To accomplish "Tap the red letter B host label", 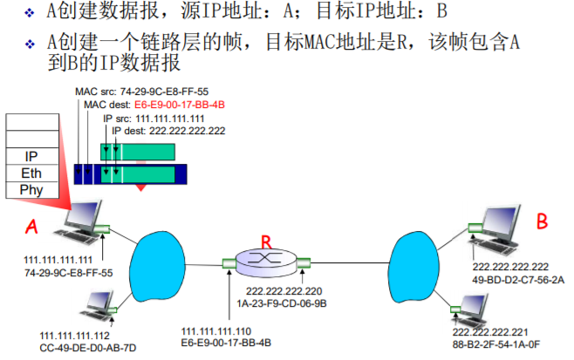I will coord(542,223).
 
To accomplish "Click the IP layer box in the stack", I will coord(31,157).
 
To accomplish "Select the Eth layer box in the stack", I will coord(31,173).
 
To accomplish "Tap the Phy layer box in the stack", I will coord(31,189).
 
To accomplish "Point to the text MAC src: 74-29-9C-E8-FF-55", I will coord(142,91).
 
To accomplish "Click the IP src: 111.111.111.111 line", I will coord(154,117).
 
